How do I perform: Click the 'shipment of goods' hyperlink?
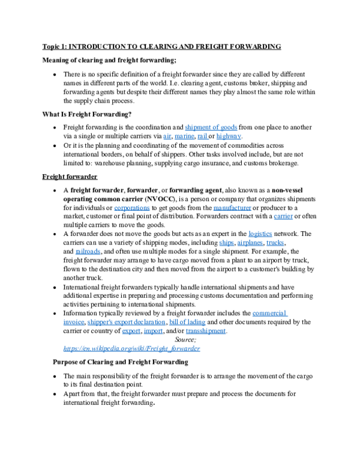(211, 127)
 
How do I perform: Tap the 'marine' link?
(184, 136)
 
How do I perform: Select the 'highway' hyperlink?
(229, 136)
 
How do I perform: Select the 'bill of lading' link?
(187, 322)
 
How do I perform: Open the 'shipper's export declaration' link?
(126, 322)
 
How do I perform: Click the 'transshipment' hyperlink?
(206, 331)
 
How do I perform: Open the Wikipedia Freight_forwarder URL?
(131, 348)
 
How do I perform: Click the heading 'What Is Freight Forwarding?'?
(87, 114)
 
